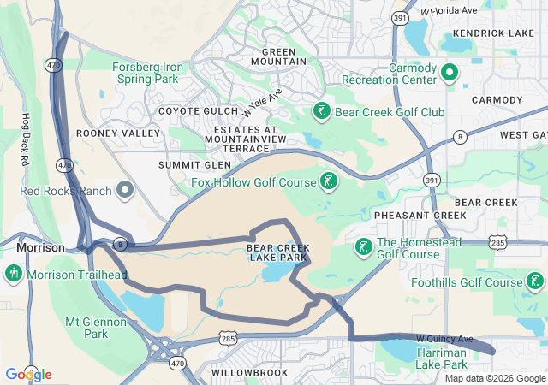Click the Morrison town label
[40, 247]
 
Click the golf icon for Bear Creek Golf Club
[321, 111]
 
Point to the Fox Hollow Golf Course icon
[328, 181]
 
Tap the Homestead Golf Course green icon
[363, 247]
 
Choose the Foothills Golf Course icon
[535, 281]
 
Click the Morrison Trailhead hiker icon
[13, 275]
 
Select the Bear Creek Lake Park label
[277, 252]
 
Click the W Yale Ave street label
[261, 107]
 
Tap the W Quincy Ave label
[444, 340]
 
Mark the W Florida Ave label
[449, 12]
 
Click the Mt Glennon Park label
[97, 329]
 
